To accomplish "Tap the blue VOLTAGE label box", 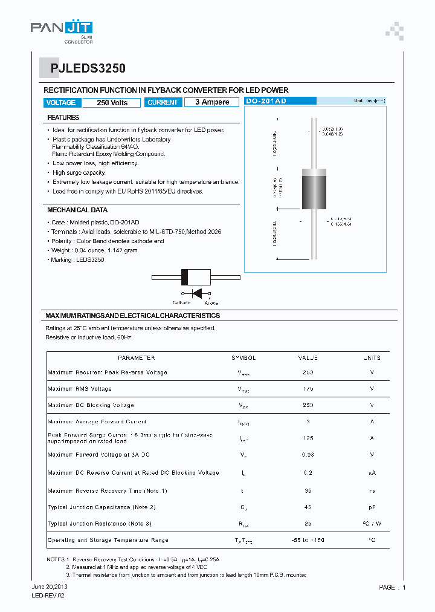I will tap(61, 102).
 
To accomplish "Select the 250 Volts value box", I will tap(112, 102).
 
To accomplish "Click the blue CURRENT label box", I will tap(163, 102).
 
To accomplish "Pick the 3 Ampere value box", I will tap(212, 102).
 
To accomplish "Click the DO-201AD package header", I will tap(266, 101).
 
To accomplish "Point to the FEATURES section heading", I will tap(63, 117).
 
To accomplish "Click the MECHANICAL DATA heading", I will tap(77, 210).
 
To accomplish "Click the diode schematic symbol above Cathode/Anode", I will tap(196, 293).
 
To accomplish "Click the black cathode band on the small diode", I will tap(185, 277).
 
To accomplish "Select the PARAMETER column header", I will tap(136, 358).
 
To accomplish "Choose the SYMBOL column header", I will tap(243, 358).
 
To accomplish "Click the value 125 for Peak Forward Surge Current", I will tap(308, 438).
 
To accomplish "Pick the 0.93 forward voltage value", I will tap(308, 454).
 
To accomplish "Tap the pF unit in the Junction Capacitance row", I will tap(372, 507).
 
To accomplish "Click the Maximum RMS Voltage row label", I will tap(80, 389).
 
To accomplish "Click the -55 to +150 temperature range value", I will tap(308, 539).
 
